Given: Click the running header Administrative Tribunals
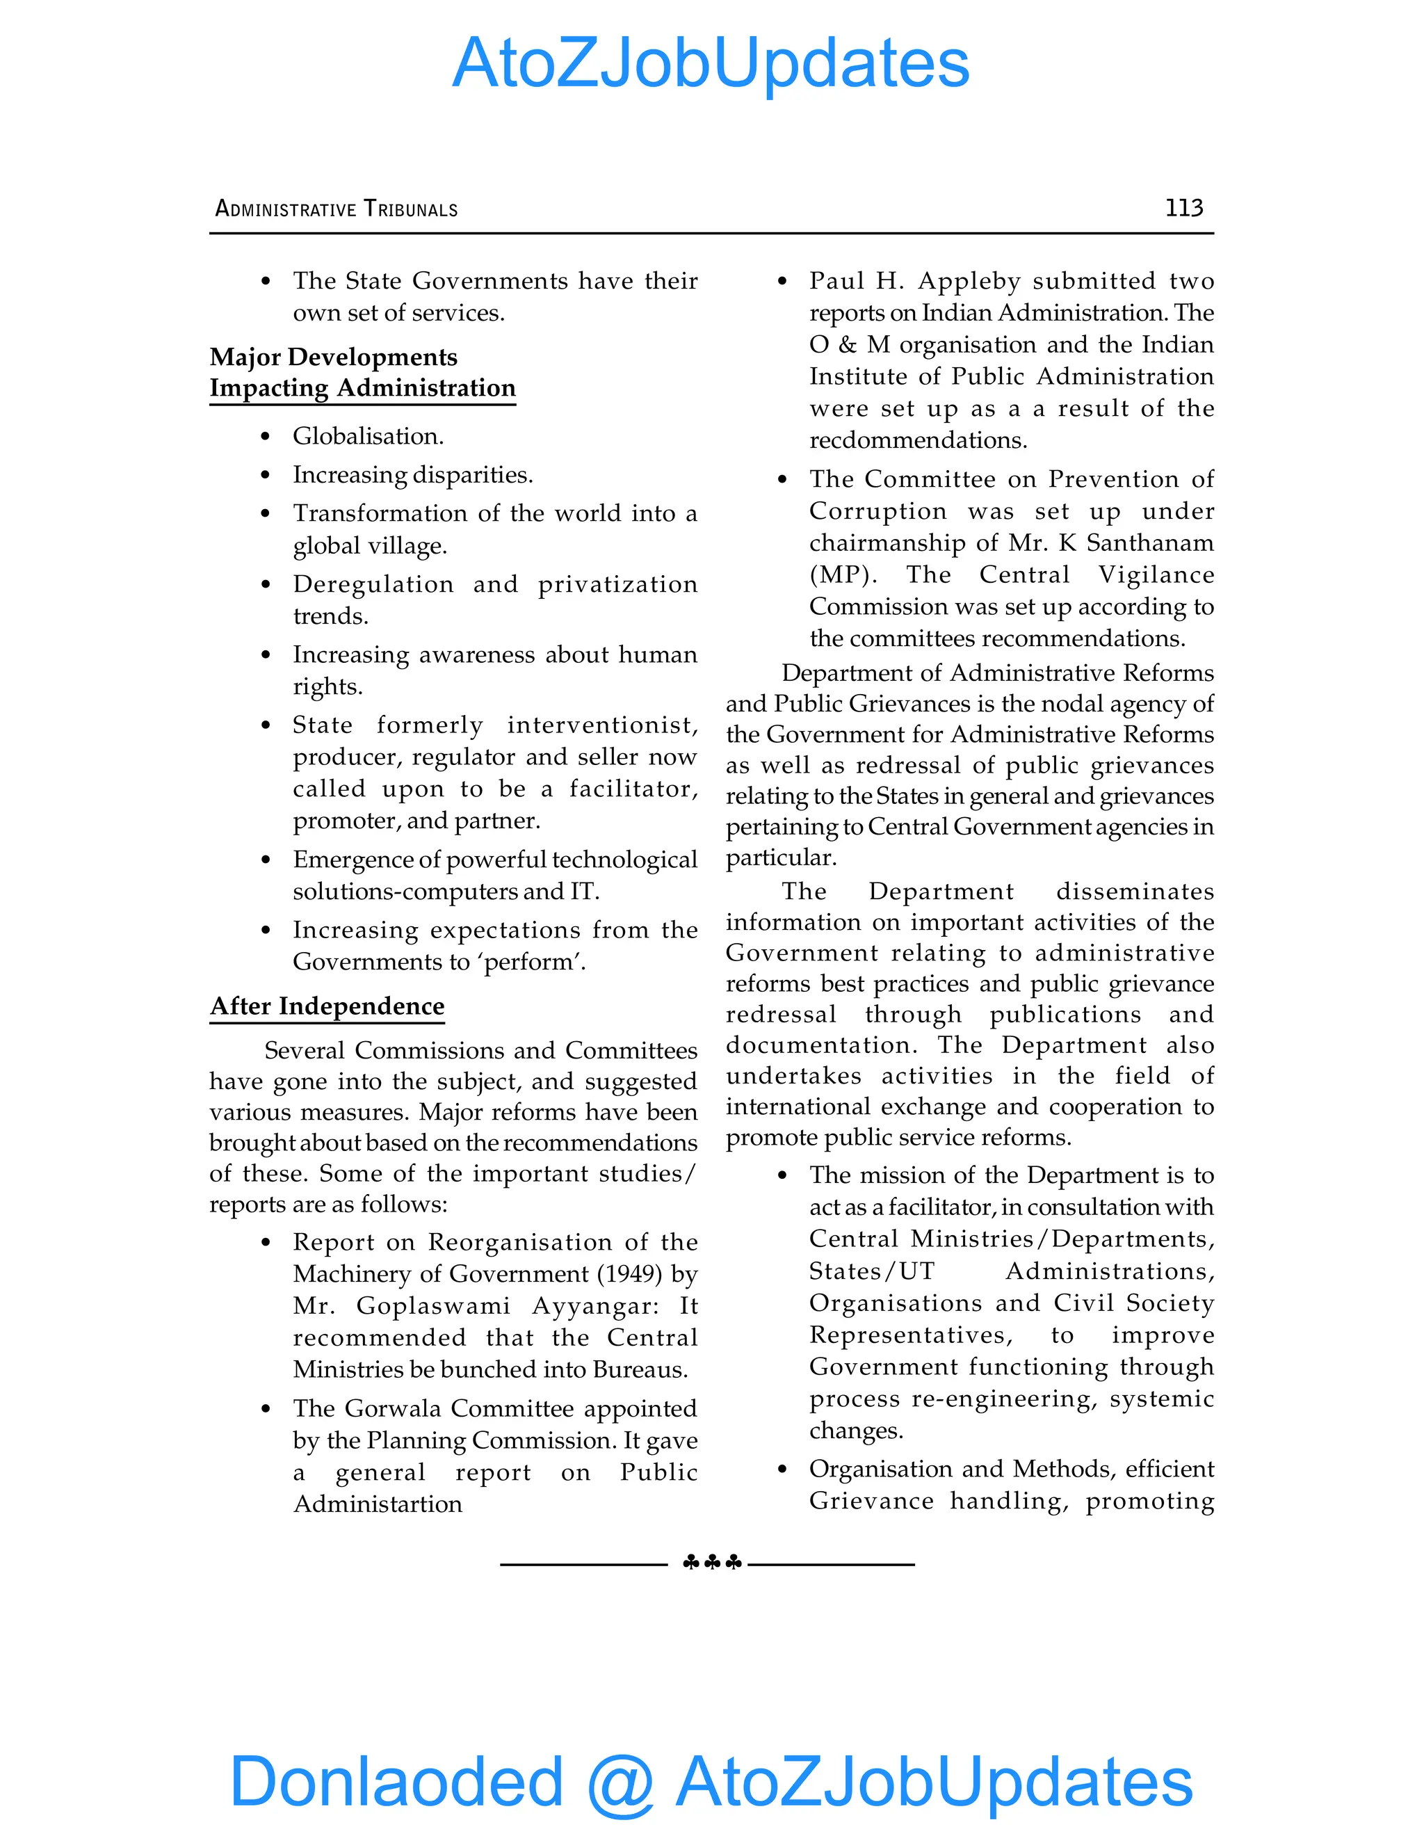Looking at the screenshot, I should coord(336,209).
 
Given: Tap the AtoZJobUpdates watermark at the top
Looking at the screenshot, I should coord(711,63).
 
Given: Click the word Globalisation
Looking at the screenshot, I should coord(367,436).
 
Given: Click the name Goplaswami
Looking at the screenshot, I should coord(432,1306).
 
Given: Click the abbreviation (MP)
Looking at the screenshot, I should coord(843,576).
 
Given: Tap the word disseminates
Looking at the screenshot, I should coord(1135,892).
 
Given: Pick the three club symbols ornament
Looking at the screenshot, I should coord(711,1563).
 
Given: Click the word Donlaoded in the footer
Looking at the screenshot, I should coord(396,1780).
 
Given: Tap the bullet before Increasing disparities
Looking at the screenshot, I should coord(266,476).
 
